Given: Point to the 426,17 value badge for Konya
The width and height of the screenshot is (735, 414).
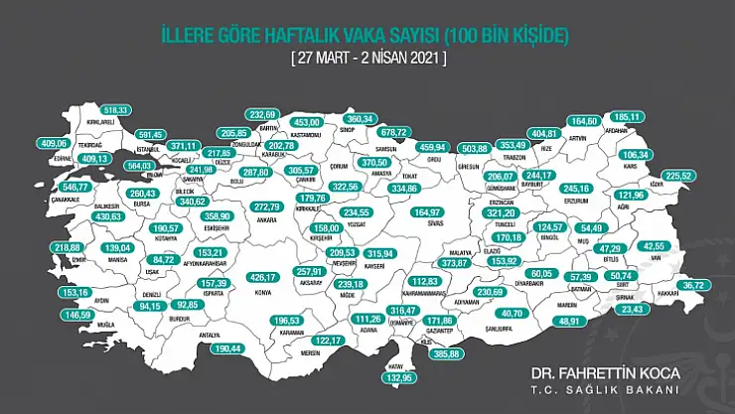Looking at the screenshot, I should (x=263, y=278).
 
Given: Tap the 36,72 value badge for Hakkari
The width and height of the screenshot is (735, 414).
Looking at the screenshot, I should (x=692, y=285).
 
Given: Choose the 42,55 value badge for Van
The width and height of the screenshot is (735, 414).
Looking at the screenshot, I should (x=654, y=245).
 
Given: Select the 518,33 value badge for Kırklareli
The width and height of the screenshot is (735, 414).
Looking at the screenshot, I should (x=116, y=109).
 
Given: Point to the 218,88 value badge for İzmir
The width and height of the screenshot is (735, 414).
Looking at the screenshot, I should (x=70, y=247).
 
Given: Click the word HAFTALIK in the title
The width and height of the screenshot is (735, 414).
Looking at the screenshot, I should (x=304, y=36).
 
